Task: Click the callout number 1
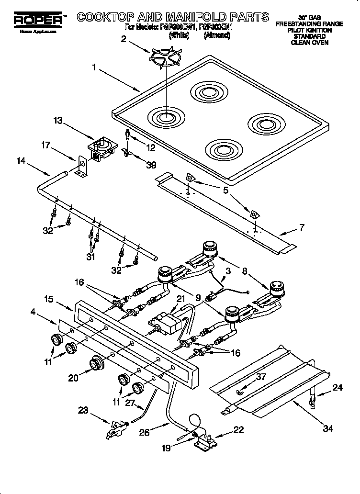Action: point(95,68)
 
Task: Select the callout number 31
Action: point(91,257)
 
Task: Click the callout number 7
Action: point(302,227)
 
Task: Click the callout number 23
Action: point(83,410)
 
